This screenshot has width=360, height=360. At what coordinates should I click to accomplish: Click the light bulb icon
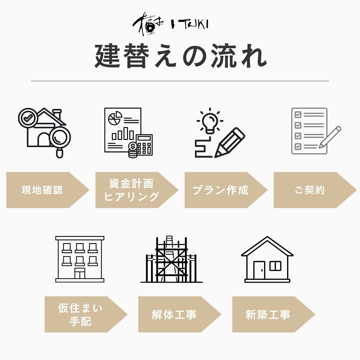click(210, 121)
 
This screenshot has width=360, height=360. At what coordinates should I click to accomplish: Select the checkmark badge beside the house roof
click(28, 118)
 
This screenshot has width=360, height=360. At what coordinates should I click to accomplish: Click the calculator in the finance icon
click(144, 144)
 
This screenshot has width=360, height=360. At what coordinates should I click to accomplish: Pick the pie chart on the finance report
click(115, 118)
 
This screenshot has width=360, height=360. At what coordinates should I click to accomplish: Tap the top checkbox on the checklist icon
click(298, 115)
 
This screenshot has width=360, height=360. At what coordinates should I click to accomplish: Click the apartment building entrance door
click(80, 274)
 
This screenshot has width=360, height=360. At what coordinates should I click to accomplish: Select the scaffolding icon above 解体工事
click(171, 259)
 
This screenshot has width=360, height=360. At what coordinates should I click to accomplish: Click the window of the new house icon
click(275, 266)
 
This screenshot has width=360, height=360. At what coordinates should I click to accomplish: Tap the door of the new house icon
click(259, 270)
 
